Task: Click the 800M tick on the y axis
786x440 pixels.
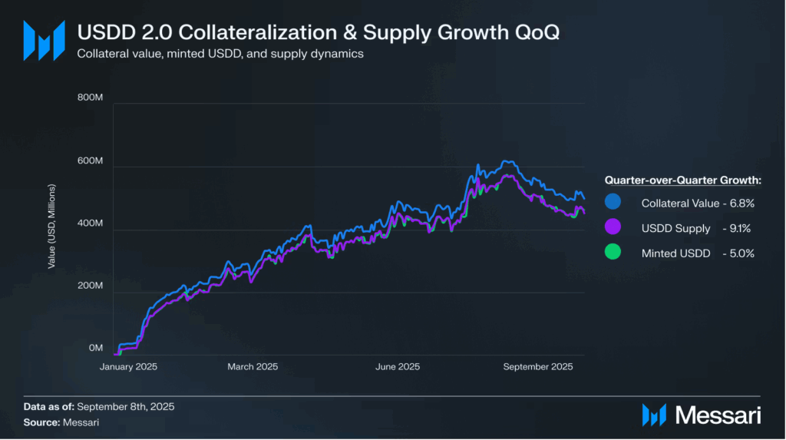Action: (91, 98)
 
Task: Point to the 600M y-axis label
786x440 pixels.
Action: (91, 161)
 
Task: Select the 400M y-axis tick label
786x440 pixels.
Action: (91, 223)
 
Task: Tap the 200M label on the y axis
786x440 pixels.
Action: (91, 286)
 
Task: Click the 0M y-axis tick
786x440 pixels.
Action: (95, 349)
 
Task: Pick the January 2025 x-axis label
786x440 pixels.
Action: (128, 367)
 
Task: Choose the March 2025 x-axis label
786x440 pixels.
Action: (253, 367)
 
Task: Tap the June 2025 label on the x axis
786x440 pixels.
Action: (397, 367)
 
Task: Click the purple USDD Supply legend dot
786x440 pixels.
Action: (613, 228)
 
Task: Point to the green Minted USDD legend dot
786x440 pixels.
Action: (613, 253)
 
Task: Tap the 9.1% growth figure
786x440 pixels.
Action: (740, 228)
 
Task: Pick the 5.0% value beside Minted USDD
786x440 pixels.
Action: (740, 253)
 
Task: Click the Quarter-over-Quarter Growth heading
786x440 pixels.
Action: (682, 180)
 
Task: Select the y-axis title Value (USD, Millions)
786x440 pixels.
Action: (51, 226)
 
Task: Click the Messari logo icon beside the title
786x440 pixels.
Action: (43, 40)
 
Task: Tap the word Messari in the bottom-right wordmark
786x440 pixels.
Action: (718, 415)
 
